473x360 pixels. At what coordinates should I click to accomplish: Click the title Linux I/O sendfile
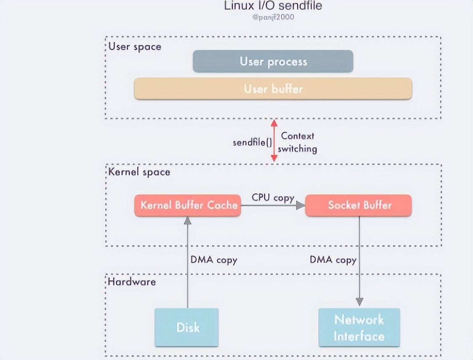click(273, 6)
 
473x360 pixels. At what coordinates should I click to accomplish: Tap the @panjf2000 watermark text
click(273, 18)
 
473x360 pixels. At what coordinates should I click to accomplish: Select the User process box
click(273, 61)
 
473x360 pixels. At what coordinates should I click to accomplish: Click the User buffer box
click(273, 89)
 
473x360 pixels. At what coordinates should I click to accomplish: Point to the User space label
click(135, 46)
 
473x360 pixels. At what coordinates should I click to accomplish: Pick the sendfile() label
click(252, 142)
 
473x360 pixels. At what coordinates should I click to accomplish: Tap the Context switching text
click(298, 142)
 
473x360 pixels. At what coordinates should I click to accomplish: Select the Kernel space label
click(139, 172)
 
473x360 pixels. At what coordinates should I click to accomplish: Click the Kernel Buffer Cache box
click(188, 206)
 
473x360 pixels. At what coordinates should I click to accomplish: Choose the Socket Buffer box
click(359, 206)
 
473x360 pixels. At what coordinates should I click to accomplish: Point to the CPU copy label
click(273, 197)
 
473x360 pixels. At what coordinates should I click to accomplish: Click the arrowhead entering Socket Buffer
click(300, 206)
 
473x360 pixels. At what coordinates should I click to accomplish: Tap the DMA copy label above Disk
click(214, 260)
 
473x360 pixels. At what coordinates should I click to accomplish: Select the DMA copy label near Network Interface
click(333, 260)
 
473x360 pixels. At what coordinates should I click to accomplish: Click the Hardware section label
click(132, 282)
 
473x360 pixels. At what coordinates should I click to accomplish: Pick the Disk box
click(187, 327)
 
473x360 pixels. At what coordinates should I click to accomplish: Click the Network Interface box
click(359, 327)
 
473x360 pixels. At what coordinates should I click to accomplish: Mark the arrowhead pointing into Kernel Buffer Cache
click(188, 220)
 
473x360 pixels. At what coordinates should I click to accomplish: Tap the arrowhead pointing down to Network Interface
click(359, 302)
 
